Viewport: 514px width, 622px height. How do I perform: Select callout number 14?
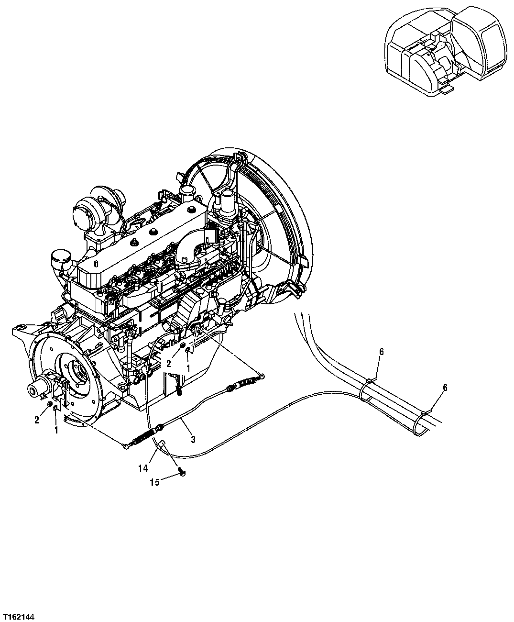click(x=143, y=469)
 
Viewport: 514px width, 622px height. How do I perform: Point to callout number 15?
click(x=154, y=482)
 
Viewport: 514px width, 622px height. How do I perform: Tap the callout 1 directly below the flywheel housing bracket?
click(x=56, y=430)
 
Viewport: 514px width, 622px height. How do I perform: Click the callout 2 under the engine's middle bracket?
click(x=169, y=364)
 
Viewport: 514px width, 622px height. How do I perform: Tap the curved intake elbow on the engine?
click(x=191, y=249)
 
